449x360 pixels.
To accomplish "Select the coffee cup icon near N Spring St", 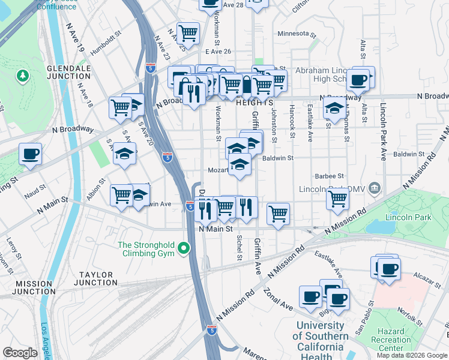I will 30,154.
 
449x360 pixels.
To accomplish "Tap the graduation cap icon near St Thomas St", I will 334,109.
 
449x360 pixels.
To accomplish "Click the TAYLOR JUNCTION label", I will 95,278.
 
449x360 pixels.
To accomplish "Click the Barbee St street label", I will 330,176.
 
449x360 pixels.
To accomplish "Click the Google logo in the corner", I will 20,353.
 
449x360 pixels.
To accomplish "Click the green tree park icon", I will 22,76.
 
